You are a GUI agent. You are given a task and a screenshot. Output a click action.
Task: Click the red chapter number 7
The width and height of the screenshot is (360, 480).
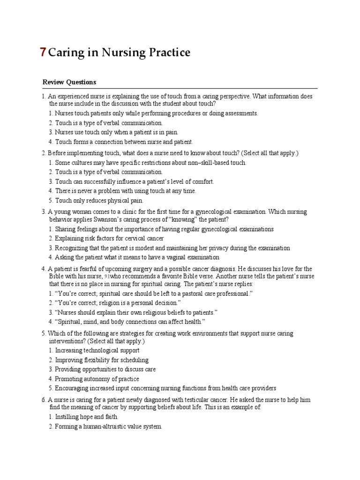[43, 52]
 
